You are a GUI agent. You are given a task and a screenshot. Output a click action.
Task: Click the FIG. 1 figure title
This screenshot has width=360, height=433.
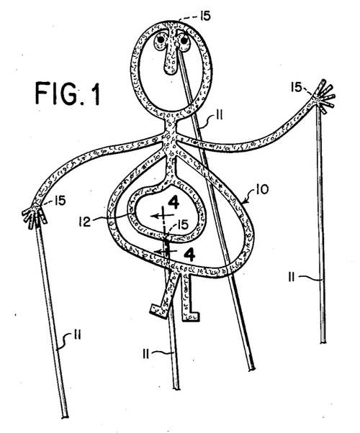[x=68, y=93]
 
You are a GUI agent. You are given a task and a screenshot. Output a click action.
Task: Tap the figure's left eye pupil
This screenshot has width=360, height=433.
[x=161, y=40]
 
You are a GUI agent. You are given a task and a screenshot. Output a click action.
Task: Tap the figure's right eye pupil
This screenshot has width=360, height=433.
[x=184, y=40]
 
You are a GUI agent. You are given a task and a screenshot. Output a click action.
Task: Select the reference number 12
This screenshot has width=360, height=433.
[x=85, y=222]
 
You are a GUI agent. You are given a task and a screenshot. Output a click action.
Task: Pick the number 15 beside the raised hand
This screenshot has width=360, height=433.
[x=297, y=87]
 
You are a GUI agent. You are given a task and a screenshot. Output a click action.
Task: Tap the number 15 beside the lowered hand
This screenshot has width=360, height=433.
[x=60, y=200]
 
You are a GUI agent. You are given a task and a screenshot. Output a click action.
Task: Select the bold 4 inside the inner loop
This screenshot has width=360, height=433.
[x=174, y=202]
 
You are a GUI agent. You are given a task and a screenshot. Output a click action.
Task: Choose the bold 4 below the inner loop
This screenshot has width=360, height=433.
[x=189, y=255]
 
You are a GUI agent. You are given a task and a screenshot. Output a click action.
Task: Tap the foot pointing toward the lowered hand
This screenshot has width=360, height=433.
[x=158, y=311]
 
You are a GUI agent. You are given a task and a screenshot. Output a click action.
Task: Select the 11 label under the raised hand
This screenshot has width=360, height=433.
[x=292, y=277]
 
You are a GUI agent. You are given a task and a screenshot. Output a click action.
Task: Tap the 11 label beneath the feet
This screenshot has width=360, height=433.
[x=146, y=353]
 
